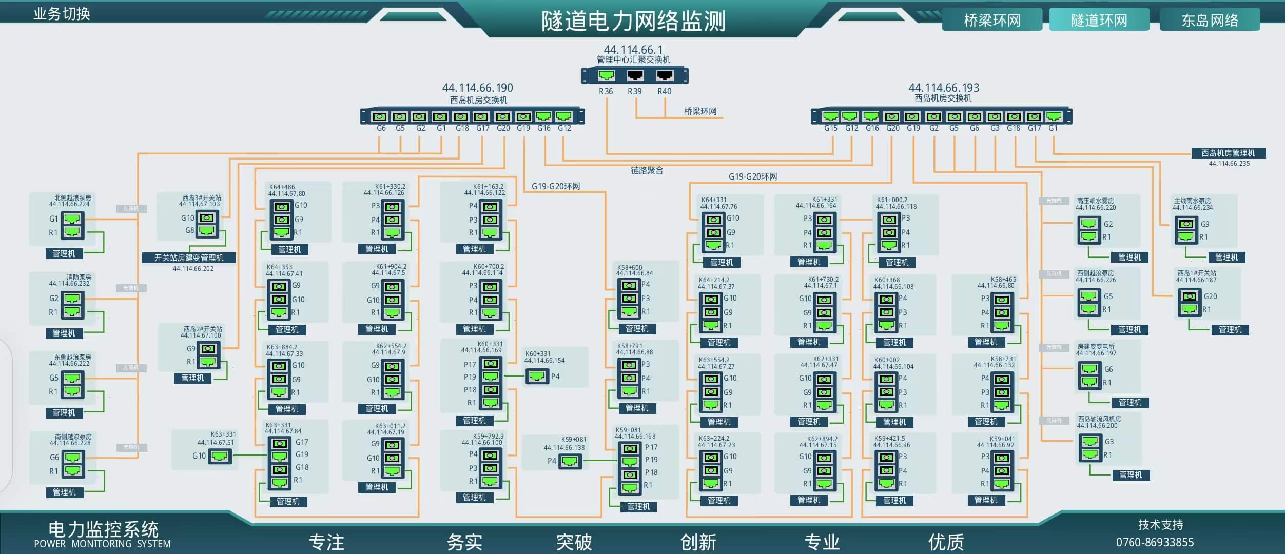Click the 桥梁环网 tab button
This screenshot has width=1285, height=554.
[991, 21]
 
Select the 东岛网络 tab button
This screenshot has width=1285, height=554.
[1210, 21]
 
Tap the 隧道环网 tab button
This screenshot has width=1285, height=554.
[1099, 21]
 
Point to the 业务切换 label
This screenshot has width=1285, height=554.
[62, 14]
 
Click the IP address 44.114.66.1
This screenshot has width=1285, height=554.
[633, 50]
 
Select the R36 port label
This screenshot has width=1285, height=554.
[606, 91]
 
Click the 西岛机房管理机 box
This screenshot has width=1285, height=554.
[1228, 153]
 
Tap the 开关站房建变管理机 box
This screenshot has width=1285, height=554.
[189, 258]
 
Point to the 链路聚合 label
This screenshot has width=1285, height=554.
[647, 170]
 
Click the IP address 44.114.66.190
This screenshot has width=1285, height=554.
[477, 88]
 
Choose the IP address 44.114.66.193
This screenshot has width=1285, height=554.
[944, 88]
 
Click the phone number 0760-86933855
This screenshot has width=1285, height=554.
[1155, 542]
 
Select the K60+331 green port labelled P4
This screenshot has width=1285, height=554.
[537, 377]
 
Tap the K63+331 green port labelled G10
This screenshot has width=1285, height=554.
[220, 456]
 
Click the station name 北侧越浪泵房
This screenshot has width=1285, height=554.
[73, 197]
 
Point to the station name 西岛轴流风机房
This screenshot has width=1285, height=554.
[1099, 419]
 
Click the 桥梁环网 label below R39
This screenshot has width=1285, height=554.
[700, 111]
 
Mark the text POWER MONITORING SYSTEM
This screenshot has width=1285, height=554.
[102, 544]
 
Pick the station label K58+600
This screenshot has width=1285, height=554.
[630, 267]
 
